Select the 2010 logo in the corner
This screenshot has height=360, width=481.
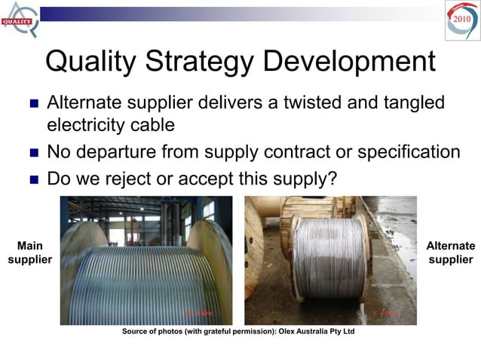tap(461, 19)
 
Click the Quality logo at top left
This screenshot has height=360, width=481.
tap(18, 18)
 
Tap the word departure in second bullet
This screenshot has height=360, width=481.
tap(112, 152)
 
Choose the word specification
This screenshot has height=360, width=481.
tap(400, 152)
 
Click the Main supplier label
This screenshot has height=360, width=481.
tap(29, 252)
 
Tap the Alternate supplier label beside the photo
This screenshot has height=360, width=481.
tap(451, 252)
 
